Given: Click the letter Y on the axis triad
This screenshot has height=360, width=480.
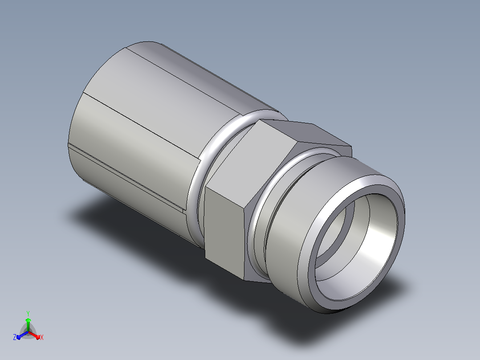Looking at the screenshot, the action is [x=28, y=313].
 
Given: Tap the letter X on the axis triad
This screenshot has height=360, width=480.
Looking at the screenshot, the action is [x=42, y=337].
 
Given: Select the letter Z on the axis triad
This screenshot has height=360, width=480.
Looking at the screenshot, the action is [x=15, y=337].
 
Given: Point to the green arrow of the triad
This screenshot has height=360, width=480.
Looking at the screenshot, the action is [x=28, y=324].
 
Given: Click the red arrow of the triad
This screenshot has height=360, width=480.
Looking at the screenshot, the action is [x=35, y=335].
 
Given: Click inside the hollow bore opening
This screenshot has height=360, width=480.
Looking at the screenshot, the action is [x=355, y=245].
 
